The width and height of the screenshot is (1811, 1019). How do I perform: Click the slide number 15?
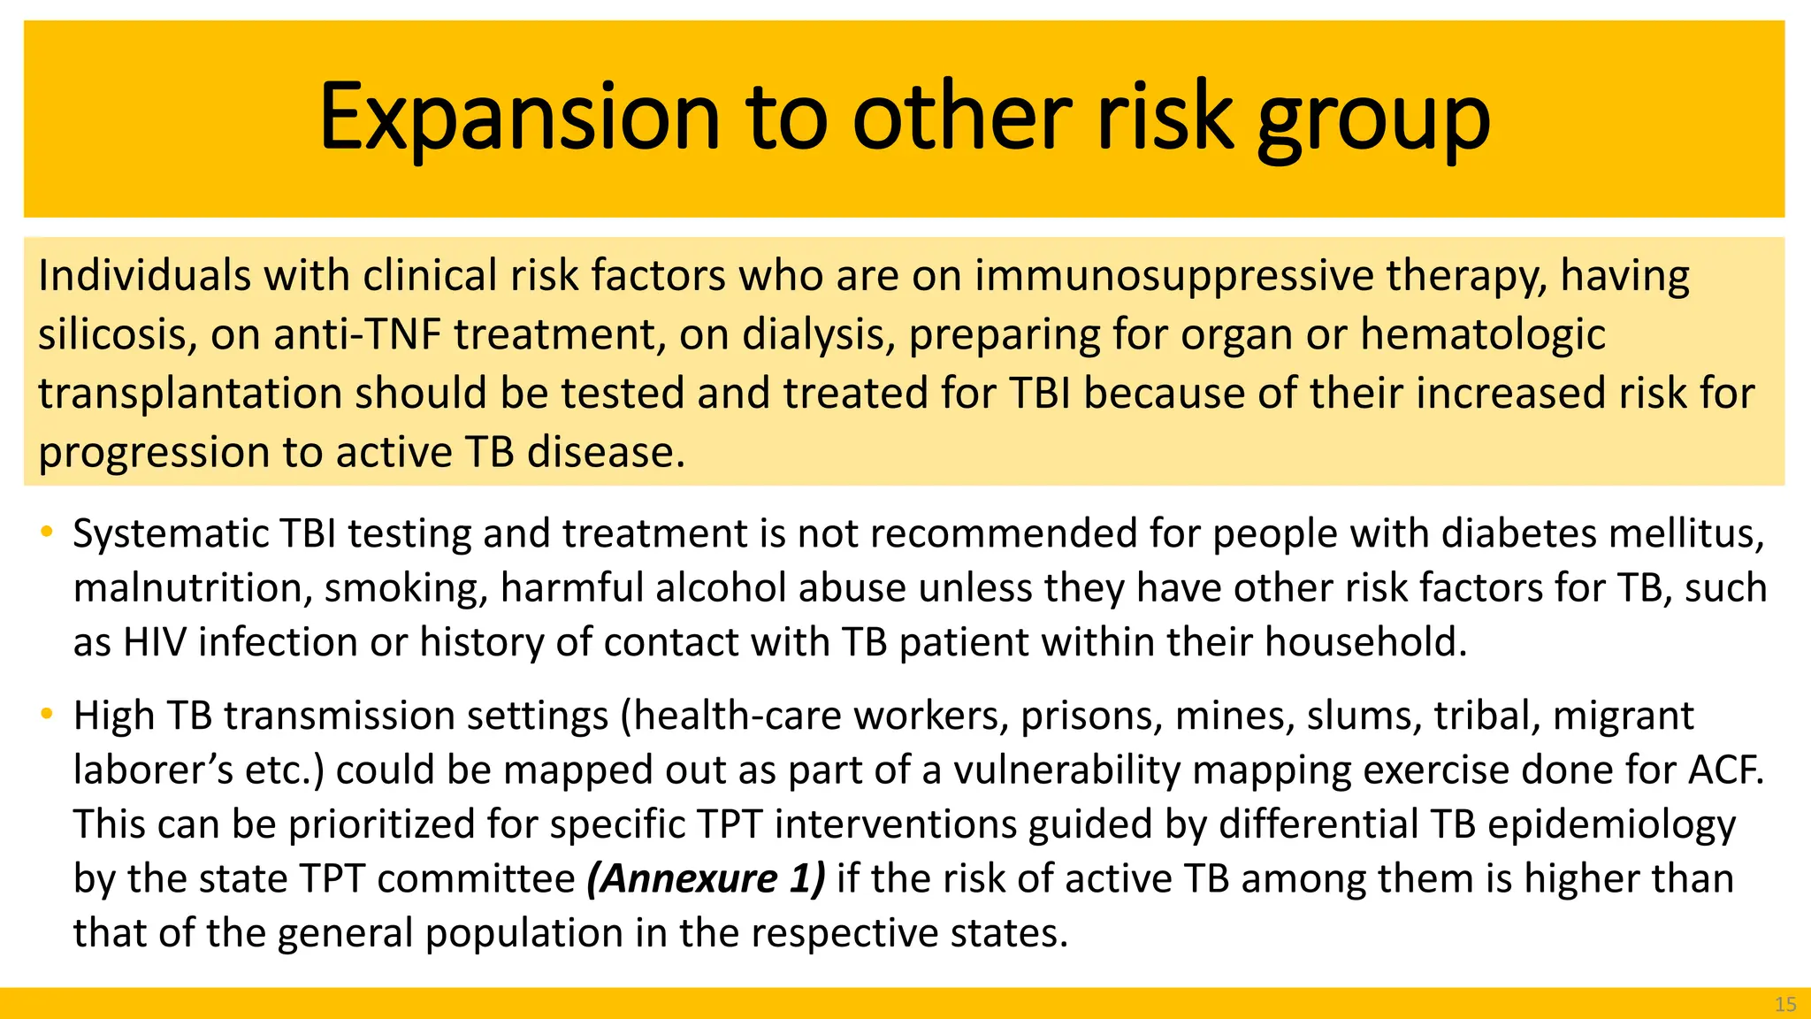pos(1785,1004)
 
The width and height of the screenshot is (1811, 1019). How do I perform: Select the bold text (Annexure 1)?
pos(706,878)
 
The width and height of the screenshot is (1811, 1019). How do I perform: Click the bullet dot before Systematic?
pos(47,532)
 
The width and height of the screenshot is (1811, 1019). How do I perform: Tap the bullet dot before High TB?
pos(47,713)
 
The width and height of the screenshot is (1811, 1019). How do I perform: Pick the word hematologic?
pos(1482,334)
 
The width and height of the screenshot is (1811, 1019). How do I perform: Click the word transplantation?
pos(190,394)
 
